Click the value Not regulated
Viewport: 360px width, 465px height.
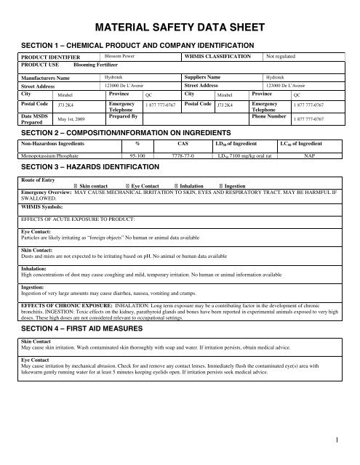click(x=283, y=54)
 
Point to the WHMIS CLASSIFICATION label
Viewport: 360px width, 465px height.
click(x=218, y=54)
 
